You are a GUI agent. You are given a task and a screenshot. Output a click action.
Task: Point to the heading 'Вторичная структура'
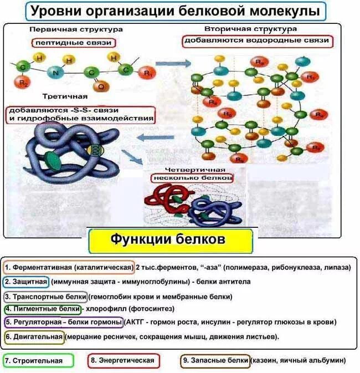tap(258, 28)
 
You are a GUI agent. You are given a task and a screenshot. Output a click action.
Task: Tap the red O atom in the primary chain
tap(100, 86)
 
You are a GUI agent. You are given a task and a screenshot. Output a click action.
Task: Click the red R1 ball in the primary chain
tap(147, 72)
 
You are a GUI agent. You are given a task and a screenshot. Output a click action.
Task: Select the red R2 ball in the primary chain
tap(23, 83)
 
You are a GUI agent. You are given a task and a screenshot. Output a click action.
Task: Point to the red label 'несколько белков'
tap(192, 178)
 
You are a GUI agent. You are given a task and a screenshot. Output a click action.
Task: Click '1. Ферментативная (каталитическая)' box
tap(69, 267)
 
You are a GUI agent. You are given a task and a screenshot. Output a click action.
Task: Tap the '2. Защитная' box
tap(26, 282)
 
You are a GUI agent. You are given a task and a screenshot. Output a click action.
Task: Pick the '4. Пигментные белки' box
tap(42, 309)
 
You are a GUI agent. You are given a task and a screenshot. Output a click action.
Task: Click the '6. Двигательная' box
tap(34, 336)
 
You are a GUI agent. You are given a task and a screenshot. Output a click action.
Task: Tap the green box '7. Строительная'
tap(38, 360)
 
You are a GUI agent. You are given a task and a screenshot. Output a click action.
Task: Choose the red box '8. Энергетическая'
tap(124, 360)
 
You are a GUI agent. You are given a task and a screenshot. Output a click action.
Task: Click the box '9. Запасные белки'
tap(215, 360)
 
